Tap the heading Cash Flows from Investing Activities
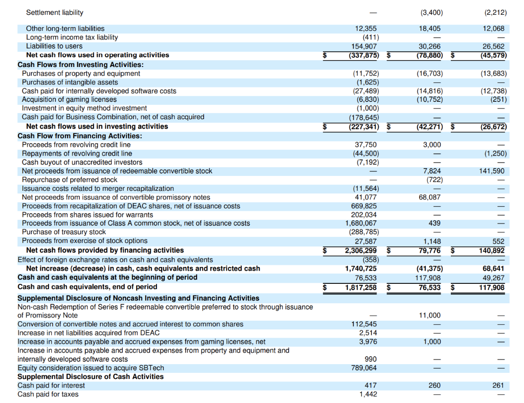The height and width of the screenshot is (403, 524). pos(80,64)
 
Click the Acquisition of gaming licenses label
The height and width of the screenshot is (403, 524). pos(69,99)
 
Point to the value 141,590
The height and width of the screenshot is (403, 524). pos(492,171)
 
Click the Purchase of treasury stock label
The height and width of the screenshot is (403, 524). pos(64,232)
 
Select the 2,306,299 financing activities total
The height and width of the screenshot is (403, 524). pos(361,251)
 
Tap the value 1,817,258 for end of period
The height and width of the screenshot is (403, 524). pos(361,287)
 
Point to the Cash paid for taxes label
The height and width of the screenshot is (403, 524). pos(48,394)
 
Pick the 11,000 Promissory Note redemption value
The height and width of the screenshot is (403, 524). pos(430,316)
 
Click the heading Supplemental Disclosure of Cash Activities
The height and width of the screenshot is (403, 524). pos(91,376)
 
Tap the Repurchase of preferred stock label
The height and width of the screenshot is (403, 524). pos(70,180)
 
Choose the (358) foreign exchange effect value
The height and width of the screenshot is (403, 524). pos(366,259)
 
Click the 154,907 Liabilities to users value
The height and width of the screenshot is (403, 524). pos(364,46)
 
